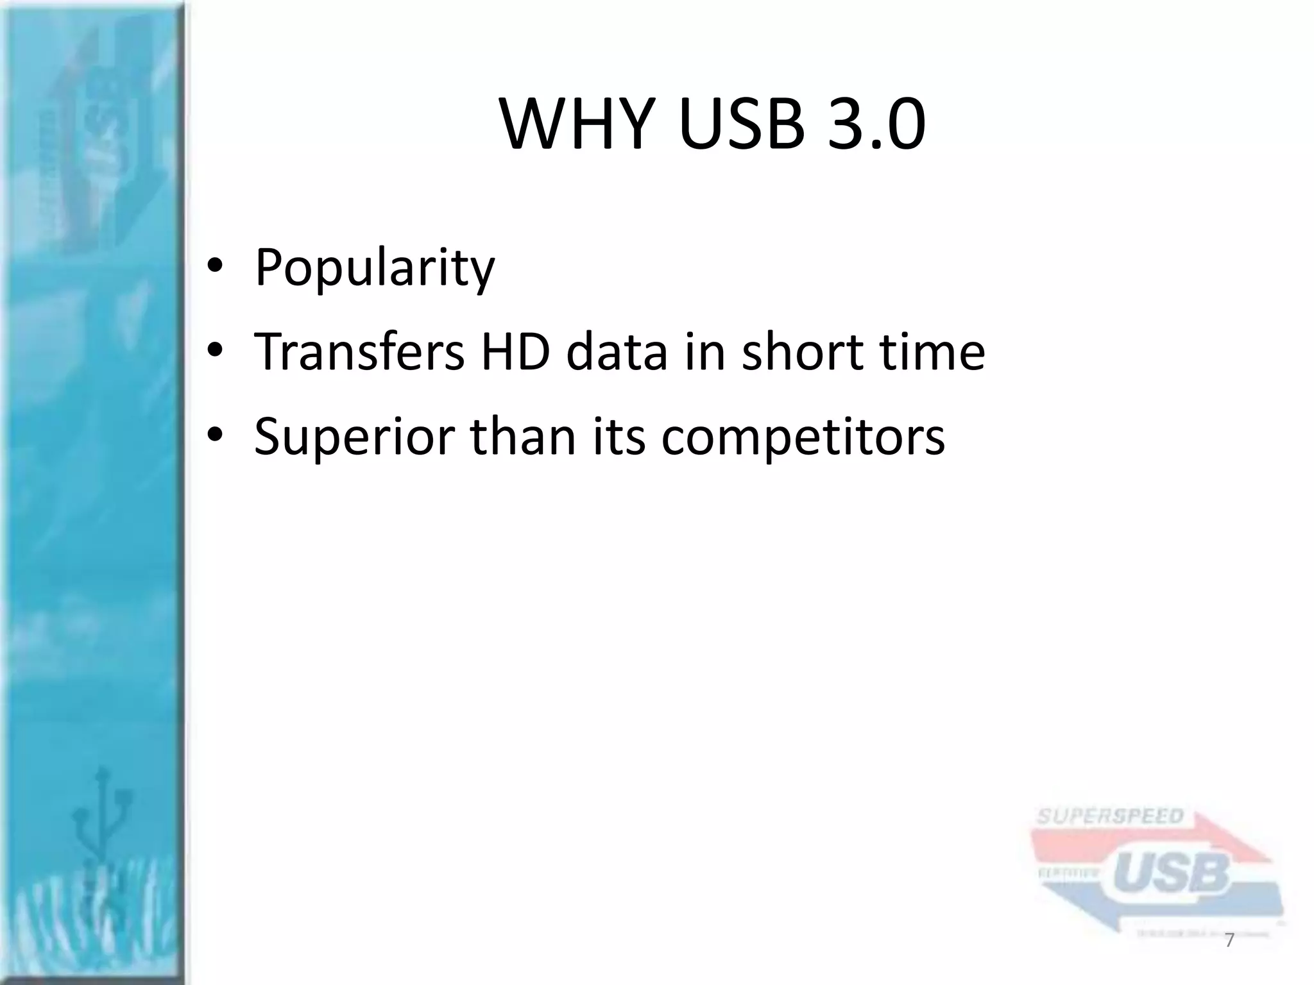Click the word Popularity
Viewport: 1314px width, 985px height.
point(375,268)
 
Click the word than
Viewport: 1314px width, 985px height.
point(524,436)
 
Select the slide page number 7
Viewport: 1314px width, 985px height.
point(1230,940)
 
